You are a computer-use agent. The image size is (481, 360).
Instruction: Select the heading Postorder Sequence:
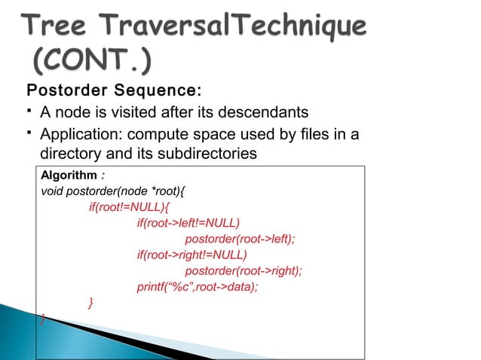click(x=115, y=93)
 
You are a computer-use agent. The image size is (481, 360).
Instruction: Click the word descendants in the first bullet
click(x=259, y=113)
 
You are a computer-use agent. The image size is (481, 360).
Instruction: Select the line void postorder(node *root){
click(x=114, y=191)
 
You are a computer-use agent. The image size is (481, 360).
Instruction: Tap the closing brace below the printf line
click(x=91, y=303)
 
